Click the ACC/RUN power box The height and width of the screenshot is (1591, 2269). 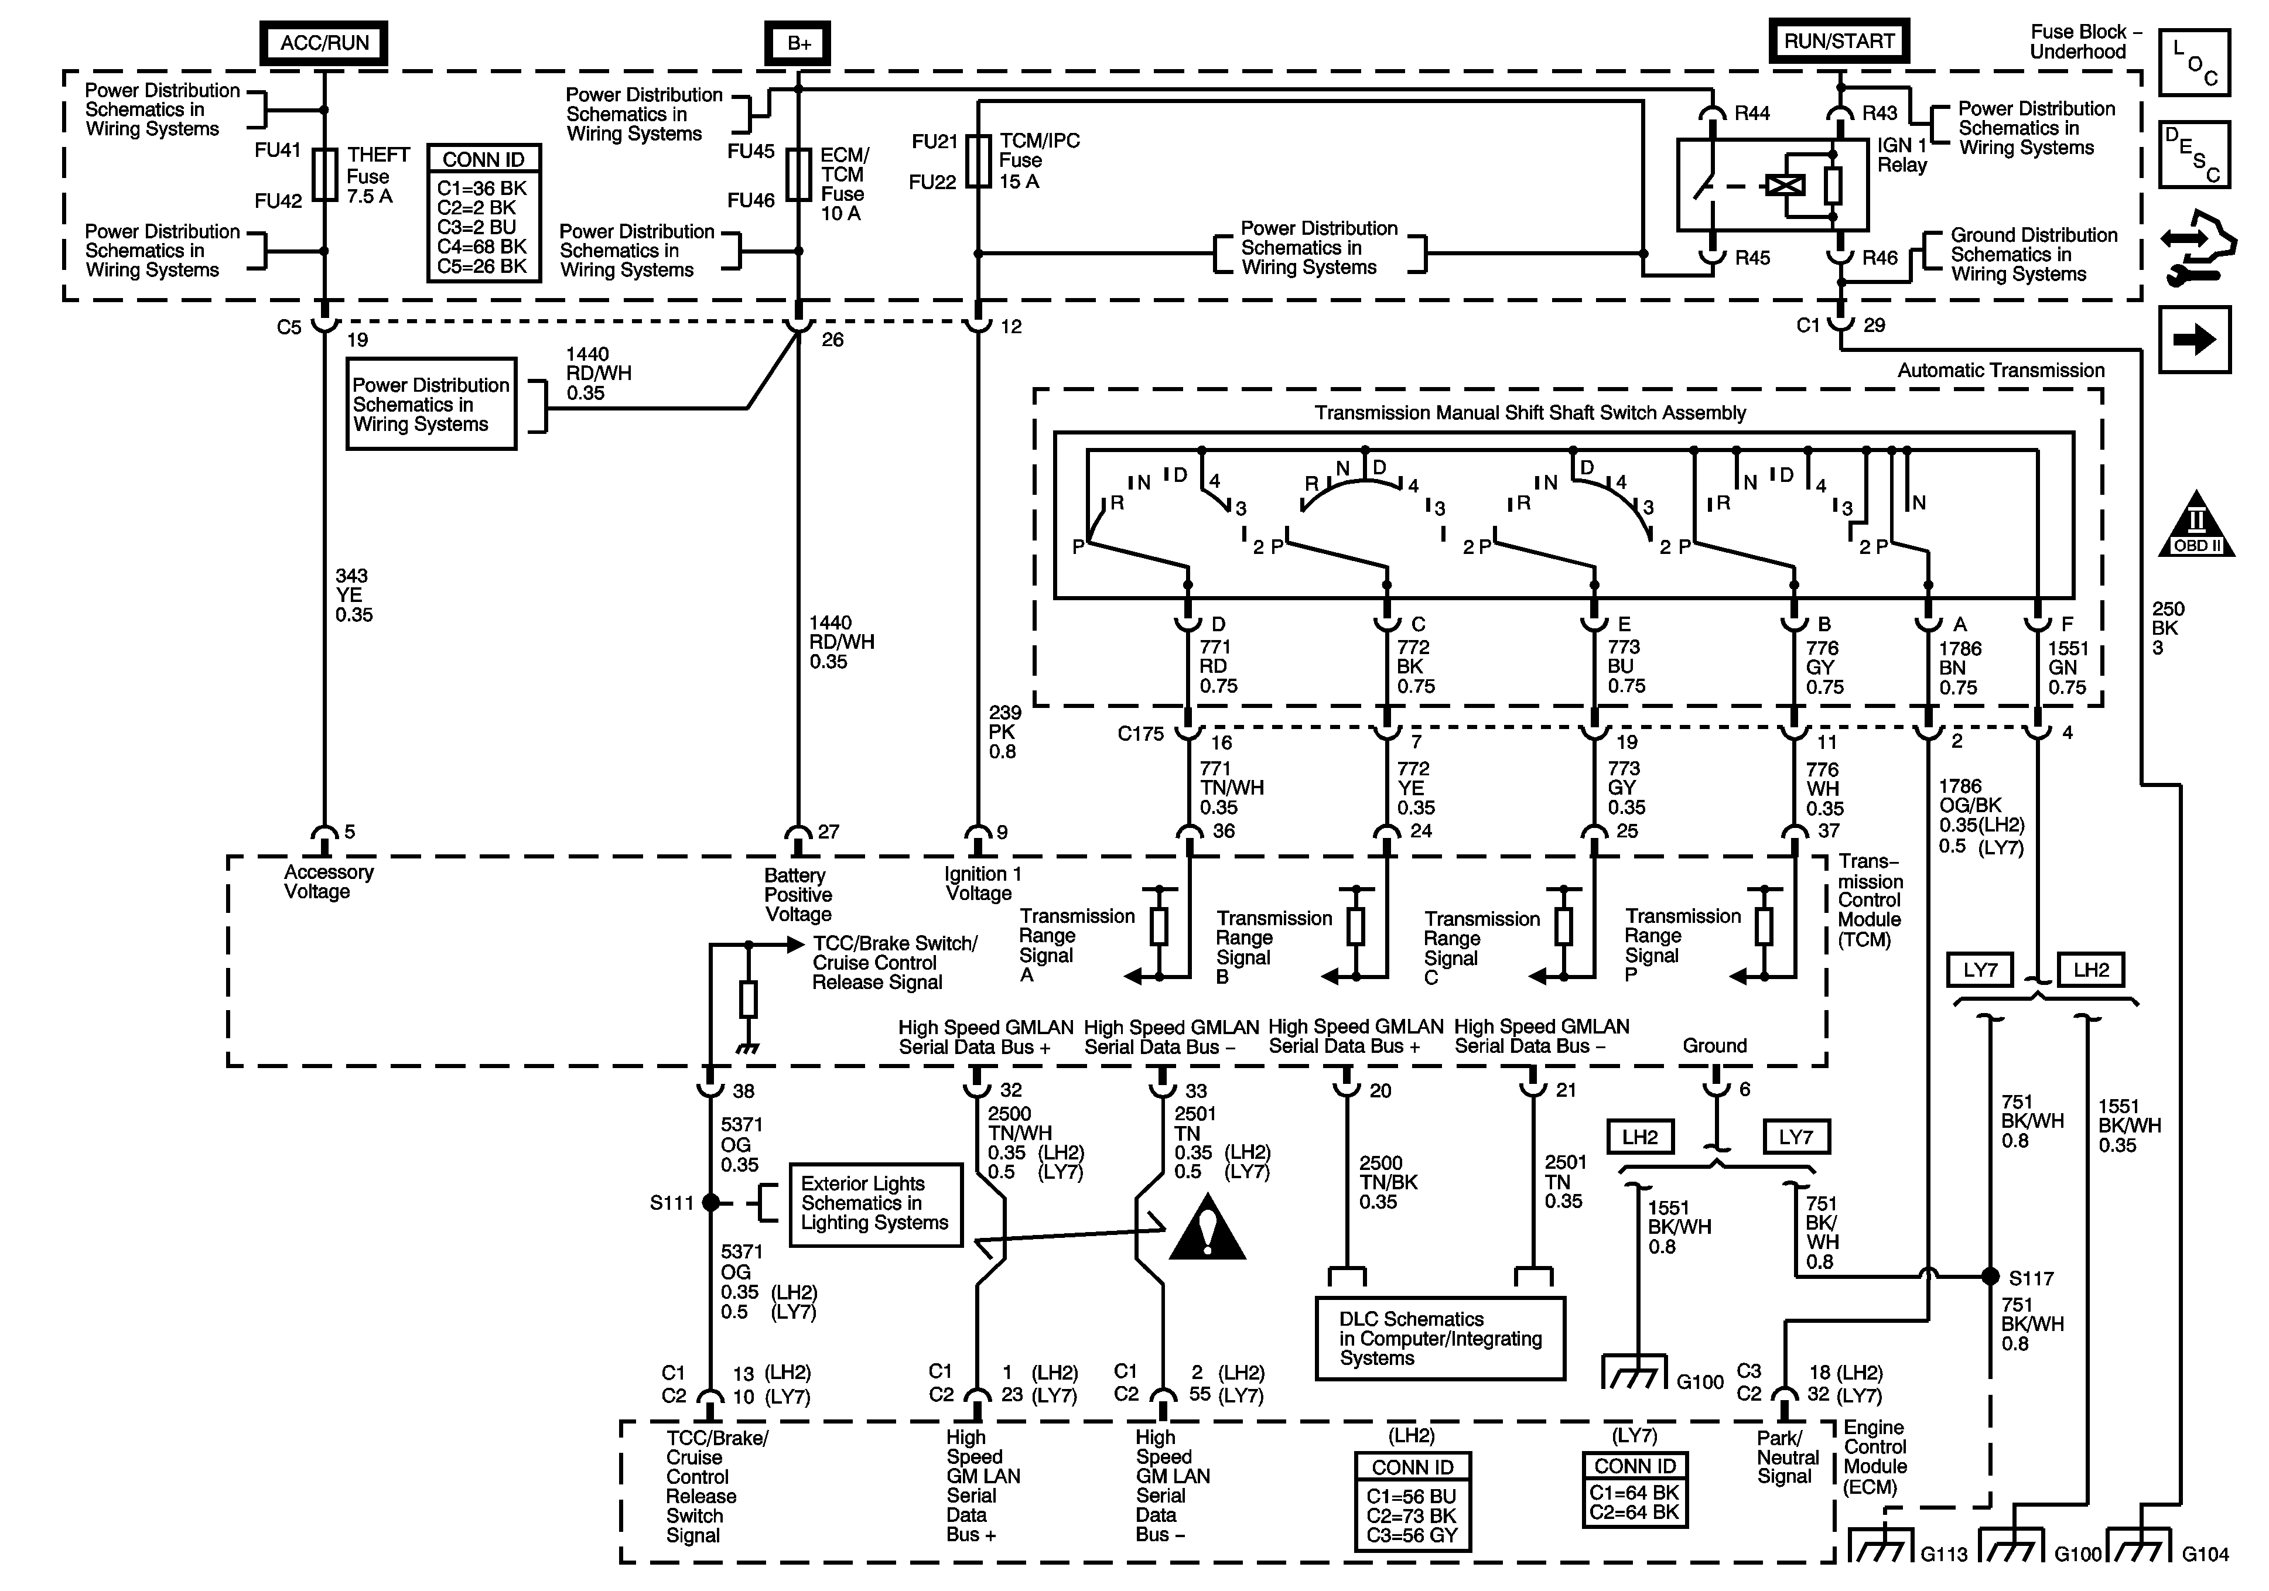pos(324,43)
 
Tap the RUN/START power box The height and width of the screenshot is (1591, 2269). pos(1838,42)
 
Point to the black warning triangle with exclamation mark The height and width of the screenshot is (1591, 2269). pos(1207,1230)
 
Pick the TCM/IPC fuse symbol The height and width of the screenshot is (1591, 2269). pos(978,161)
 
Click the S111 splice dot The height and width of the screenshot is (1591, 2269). pos(710,1203)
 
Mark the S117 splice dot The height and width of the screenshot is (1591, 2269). pos(1990,1277)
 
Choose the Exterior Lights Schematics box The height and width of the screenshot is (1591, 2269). pos(874,1203)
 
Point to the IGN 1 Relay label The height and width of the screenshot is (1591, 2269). pos(1902,155)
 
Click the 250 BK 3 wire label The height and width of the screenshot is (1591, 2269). pos(2168,628)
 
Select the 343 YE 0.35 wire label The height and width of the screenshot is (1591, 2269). pos(353,595)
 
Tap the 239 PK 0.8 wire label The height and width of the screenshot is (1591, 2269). pos(1003,732)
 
